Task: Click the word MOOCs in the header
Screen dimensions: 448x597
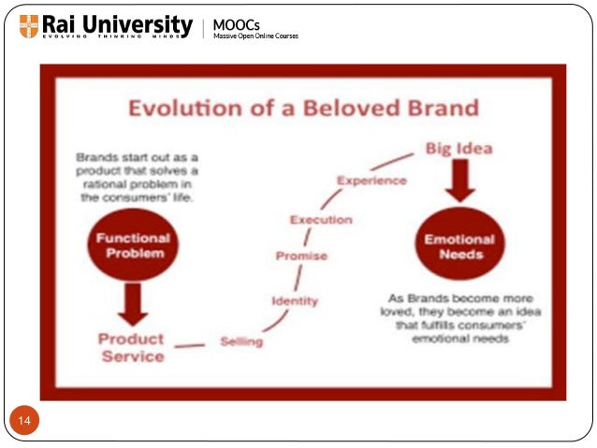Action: pyautogui.click(x=236, y=23)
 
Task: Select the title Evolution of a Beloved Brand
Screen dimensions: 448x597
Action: pyautogui.click(x=303, y=107)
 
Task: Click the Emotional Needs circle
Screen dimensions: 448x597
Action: pyautogui.click(x=459, y=247)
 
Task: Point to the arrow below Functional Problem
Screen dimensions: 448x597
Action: pyautogui.click(x=132, y=303)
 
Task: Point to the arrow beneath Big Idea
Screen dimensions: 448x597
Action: pyautogui.click(x=459, y=181)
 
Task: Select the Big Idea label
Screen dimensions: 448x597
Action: pyautogui.click(x=459, y=148)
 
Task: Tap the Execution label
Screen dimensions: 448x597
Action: pyautogui.click(x=321, y=220)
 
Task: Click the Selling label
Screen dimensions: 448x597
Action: pyautogui.click(x=241, y=341)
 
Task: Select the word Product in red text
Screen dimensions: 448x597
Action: pyautogui.click(x=131, y=339)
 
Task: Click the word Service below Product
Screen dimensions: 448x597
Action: pyautogui.click(x=132, y=356)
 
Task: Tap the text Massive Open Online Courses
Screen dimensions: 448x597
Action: pyautogui.click(x=255, y=36)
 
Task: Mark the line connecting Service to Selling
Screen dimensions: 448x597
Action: pyautogui.click(x=190, y=347)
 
